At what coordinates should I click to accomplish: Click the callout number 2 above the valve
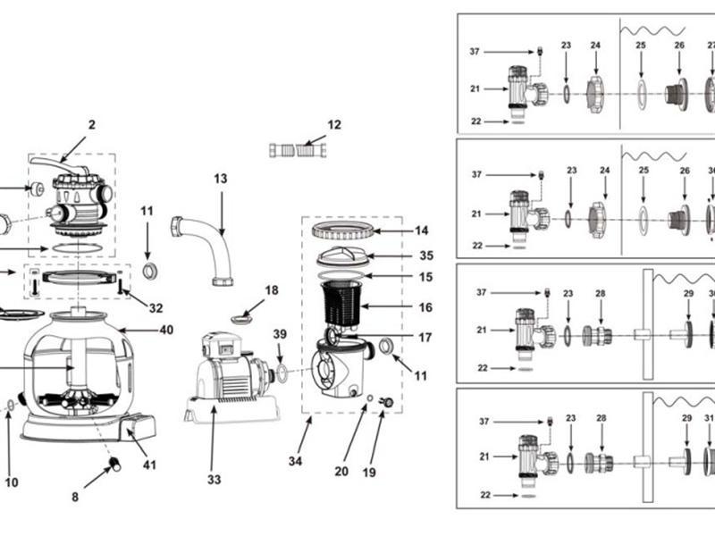click(92, 124)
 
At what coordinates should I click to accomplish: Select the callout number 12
click(334, 124)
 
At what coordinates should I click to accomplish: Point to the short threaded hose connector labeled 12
click(298, 150)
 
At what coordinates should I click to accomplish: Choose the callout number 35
click(426, 255)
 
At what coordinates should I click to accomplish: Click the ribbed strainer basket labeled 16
click(342, 302)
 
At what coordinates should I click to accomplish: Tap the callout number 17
click(425, 338)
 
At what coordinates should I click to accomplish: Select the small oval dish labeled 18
click(242, 319)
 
